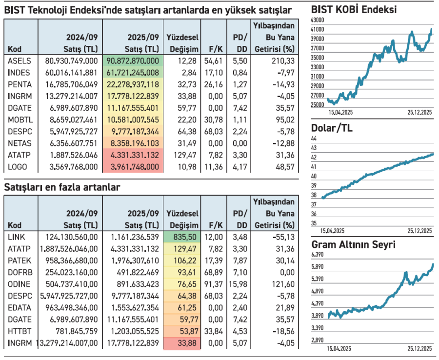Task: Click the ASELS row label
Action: click(20, 60)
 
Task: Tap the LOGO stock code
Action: click(18, 167)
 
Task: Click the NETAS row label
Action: click(20, 143)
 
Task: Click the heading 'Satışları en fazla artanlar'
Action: click(62, 187)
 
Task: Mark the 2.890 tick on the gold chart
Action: click(318, 340)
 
